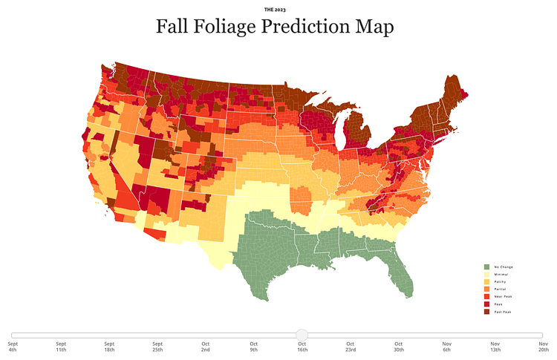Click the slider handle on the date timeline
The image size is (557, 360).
pos(302,336)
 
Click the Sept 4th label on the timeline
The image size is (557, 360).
pos(13,347)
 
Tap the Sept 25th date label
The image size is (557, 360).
pos(157,347)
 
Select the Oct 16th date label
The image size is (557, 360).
pos(302,347)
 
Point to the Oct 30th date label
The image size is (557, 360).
pos(399,347)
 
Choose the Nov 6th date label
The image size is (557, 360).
pos(447,347)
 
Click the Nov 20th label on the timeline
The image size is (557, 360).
pos(544,347)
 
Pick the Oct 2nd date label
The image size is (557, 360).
pos(206,347)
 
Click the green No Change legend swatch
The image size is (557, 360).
pos(487,266)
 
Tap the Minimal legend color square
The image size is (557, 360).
pos(487,274)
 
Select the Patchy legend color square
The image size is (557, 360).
pos(487,282)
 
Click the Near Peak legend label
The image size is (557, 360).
pos(504,297)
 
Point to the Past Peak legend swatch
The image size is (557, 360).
pos(487,312)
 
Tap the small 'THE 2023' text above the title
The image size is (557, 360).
pos(274,10)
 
